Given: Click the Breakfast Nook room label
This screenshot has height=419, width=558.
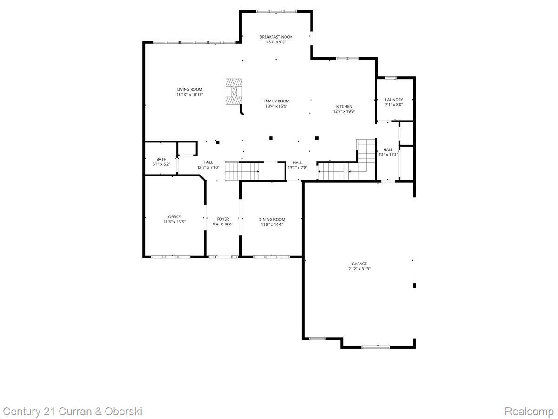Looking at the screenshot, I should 276,37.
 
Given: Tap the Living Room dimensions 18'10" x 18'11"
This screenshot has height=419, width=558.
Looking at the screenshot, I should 189,95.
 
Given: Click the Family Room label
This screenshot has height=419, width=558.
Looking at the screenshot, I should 276,101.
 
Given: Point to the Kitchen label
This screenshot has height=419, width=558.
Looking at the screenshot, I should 344,106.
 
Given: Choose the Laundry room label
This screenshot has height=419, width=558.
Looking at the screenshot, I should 394,100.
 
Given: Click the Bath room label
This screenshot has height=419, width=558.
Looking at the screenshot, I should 161,159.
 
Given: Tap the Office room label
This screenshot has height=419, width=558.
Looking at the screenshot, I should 174,217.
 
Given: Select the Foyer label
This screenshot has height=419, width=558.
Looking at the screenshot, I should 223,219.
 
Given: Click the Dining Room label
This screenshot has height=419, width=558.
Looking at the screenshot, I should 272,219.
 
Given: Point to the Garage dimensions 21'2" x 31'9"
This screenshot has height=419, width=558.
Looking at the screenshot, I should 359,269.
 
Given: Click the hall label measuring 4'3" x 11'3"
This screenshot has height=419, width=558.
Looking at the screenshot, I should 388,155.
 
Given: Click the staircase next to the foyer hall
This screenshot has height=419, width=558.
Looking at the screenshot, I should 242,171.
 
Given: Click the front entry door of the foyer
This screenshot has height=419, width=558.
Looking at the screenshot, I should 223,256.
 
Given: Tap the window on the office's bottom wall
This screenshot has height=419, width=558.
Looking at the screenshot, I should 170,256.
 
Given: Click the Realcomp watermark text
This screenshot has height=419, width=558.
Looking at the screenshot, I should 529,412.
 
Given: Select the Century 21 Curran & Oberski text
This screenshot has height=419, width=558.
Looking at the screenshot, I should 73,412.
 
